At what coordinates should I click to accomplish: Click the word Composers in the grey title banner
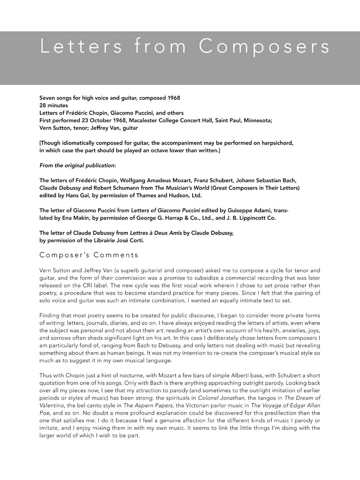coord(265,47)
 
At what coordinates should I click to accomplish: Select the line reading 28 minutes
coord(53,105)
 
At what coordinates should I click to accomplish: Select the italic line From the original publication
coord(77,165)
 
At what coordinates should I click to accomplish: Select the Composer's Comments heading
coord(89,255)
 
